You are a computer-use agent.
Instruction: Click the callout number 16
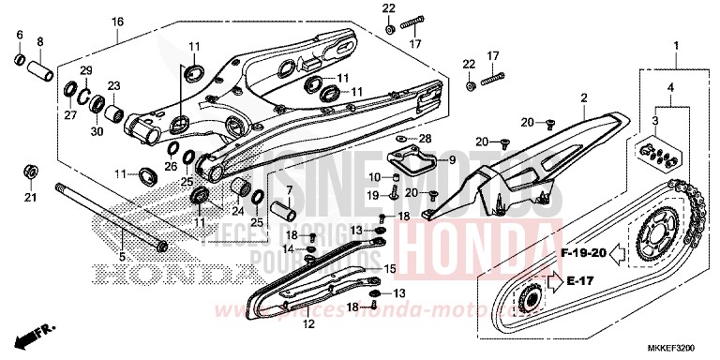(117, 21)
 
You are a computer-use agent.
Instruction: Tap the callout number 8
(40, 41)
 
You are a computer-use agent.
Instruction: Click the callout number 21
(29, 197)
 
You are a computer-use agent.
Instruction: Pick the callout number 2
(582, 97)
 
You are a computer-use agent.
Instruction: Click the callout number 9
(452, 160)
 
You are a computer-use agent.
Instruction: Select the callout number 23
(115, 86)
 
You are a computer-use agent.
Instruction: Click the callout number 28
(425, 139)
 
